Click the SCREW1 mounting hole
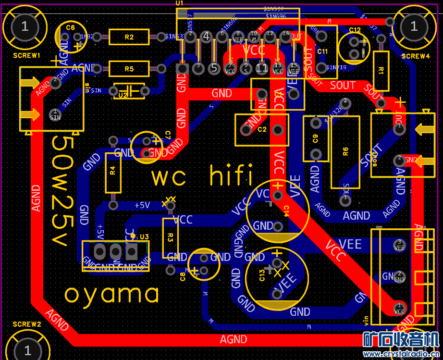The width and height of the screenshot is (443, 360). click(x=25, y=27)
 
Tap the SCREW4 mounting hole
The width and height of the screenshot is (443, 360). click(x=414, y=27)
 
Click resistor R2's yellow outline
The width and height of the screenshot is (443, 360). click(x=129, y=37)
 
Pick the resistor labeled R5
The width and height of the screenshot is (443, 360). click(x=129, y=69)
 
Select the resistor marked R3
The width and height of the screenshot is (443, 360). click(x=170, y=237)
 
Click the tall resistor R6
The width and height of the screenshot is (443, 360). click(x=345, y=152)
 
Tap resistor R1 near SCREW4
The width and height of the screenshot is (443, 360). click(x=381, y=71)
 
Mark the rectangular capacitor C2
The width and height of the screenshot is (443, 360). click(x=261, y=130)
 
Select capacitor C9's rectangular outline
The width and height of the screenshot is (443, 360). click(x=316, y=139)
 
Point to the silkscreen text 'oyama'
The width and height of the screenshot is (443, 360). click(x=111, y=294)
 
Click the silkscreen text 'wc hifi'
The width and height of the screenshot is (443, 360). click(x=202, y=176)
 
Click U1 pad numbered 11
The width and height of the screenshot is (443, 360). click(x=262, y=68)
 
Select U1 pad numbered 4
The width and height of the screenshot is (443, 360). click(x=207, y=36)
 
